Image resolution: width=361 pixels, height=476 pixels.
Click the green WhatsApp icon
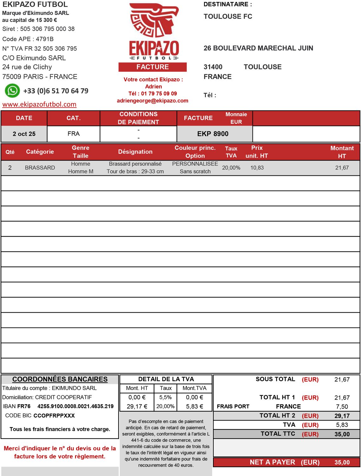(12, 91)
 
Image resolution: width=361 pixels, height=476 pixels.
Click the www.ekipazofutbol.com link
(39, 104)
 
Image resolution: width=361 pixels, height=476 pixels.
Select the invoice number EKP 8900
(213, 134)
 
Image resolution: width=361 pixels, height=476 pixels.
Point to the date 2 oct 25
(24, 134)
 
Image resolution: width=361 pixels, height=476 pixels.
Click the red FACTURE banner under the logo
(153, 67)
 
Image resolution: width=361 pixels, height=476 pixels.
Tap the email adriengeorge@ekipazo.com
(153, 101)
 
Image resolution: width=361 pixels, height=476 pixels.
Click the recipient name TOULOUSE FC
(228, 17)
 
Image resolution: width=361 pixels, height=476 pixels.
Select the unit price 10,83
(257, 168)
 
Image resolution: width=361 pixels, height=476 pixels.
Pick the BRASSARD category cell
(40, 168)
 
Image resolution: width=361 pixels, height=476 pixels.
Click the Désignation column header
(135, 152)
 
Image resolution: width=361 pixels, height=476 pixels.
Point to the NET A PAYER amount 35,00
(342, 462)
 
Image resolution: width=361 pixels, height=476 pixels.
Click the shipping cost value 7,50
(342, 407)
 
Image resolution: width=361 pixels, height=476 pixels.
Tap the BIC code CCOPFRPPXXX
(54, 416)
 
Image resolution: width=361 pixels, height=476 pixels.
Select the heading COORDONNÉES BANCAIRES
(60, 379)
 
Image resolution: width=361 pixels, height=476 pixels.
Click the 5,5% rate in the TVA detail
(165, 397)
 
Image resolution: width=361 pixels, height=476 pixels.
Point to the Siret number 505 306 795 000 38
(47, 29)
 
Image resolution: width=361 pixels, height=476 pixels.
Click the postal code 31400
(213, 67)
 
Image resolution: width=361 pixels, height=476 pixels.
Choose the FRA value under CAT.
(74, 134)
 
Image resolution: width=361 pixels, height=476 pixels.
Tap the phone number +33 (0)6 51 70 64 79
(56, 91)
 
